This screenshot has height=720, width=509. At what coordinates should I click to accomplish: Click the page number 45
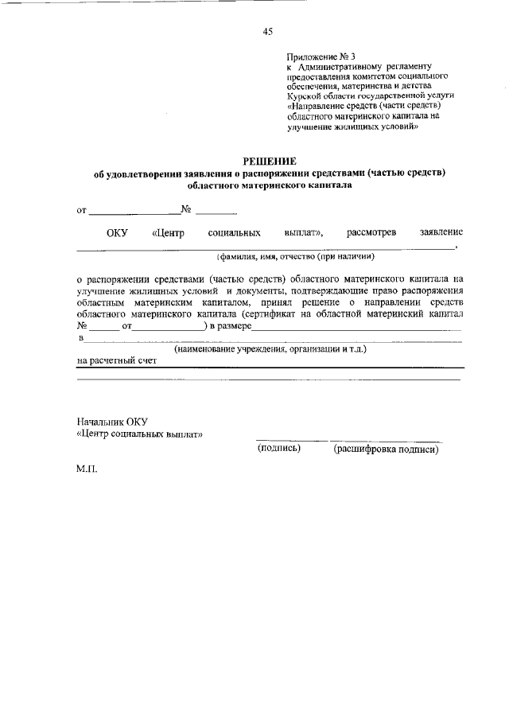point(267,32)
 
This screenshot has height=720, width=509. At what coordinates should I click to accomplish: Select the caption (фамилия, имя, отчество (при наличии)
point(295,257)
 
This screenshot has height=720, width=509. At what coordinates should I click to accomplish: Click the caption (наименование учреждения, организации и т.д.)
point(270,348)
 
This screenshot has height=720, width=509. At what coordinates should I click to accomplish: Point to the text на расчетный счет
point(116,360)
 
